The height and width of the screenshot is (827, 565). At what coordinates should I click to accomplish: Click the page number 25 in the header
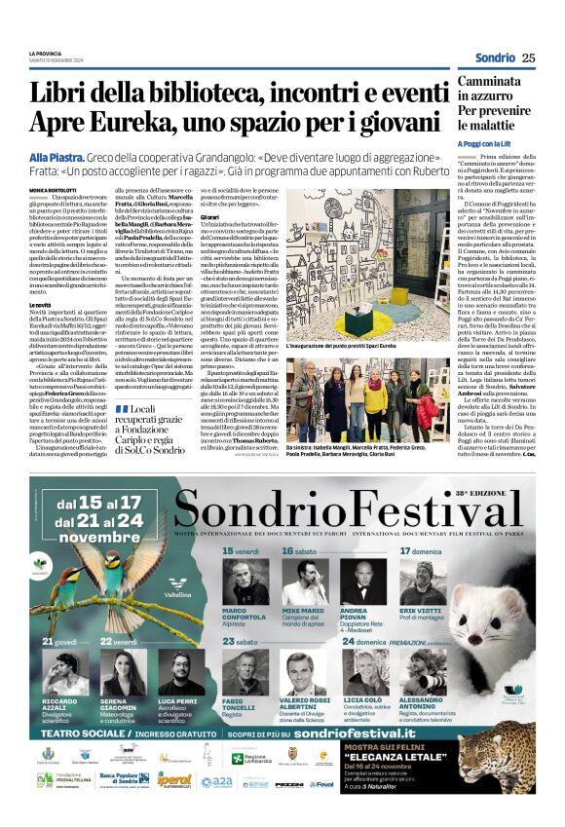pyautogui.click(x=528, y=57)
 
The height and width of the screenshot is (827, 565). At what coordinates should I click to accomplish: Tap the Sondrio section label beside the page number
pyautogui.click(x=495, y=57)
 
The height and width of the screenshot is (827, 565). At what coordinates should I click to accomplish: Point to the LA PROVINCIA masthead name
pyautogui.click(x=46, y=52)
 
